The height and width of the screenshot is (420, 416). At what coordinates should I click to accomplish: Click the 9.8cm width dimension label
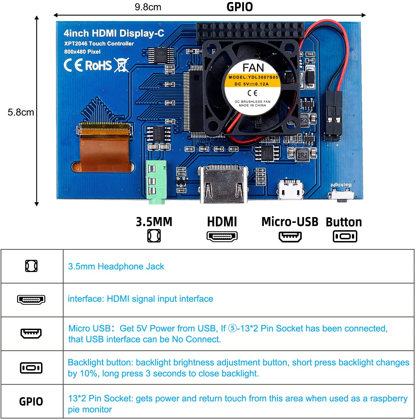pos(148,7)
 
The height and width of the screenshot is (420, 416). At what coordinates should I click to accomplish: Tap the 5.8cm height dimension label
pos(21,112)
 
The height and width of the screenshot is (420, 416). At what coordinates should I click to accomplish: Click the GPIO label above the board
pos(240,7)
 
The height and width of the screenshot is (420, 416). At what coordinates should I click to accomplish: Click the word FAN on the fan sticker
pos(253,68)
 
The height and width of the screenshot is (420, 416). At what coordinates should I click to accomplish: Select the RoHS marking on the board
pos(98,65)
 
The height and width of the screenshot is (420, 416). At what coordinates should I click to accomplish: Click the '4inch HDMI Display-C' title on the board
pos(114,33)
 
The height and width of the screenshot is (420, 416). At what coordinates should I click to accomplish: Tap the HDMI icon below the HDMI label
pos(222,236)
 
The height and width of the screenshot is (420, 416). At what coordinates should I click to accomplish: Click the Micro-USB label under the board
pos(290,222)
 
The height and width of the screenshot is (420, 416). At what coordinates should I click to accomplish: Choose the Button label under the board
pos(344,222)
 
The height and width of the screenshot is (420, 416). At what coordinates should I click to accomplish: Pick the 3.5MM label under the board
pos(154,222)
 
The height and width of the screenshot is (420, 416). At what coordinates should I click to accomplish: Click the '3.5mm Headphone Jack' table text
pos(116,266)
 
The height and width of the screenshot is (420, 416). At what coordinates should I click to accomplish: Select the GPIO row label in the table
pos(31,402)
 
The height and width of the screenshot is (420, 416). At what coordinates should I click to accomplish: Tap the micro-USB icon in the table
pos(31,333)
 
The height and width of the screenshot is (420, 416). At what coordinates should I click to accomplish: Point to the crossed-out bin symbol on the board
pos(122,65)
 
